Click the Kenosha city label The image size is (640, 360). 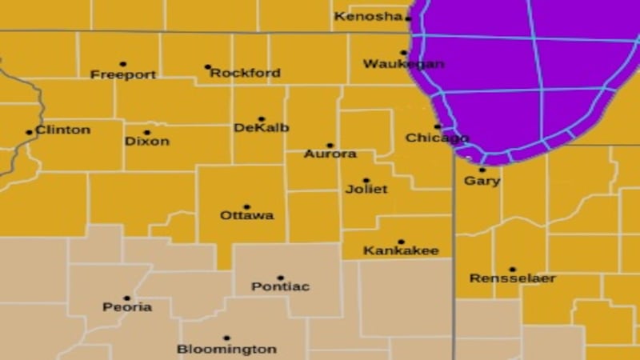(367, 16)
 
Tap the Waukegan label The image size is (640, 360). (403, 64)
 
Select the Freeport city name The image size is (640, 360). (122, 74)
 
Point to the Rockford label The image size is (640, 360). (246, 74)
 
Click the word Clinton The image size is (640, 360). (63, 130)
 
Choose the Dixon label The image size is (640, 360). (147, 142)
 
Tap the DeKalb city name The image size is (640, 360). (262, 128)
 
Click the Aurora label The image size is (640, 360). (330, 154)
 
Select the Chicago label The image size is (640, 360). (437, 138)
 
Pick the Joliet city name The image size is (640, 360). (366, 190)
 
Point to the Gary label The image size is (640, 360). (482, 181)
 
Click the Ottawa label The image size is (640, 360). (247, 215)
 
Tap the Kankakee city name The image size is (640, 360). (401, 251)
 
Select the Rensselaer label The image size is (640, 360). (513, 278)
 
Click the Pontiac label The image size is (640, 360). (280, 286)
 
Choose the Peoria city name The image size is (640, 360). (127, 307)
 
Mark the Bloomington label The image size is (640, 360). (226, 350)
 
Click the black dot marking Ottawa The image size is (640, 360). (246, 206)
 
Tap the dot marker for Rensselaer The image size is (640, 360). (512, 270)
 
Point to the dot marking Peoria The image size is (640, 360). (126, 298)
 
